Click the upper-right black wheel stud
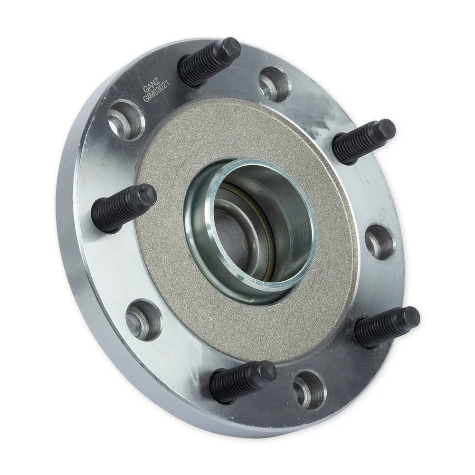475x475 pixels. [363, 141]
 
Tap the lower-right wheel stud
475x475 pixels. [387, 327]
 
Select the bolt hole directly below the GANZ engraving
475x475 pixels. [126, 120]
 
